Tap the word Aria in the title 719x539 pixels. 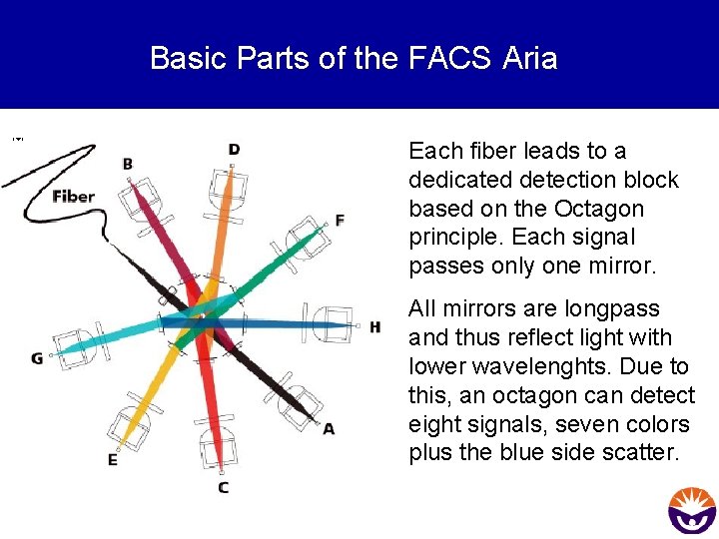click(529, 59)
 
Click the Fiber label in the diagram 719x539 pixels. click(73, 196)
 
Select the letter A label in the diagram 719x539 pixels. click(329, 428)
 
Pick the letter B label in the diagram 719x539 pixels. click(128, 164)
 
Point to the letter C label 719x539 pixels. click(223, 487)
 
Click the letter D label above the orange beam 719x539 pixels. click(234, 150)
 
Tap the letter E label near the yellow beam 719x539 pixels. click(112, 460)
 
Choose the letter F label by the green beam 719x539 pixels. click(340, 220)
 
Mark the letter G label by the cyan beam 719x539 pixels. click(37, 358)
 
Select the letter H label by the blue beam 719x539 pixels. click(374, 327)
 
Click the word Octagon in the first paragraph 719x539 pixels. click(606, 209)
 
